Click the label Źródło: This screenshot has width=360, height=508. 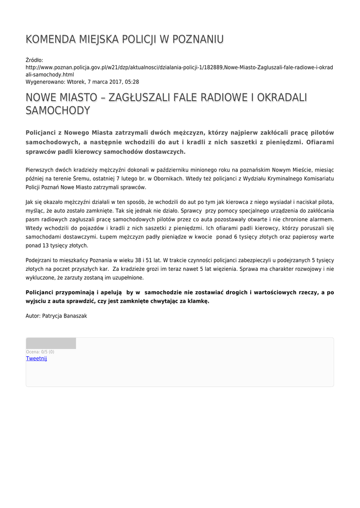click(x=34, y=60)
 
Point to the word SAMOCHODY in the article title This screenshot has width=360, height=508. click(x=58, y=111)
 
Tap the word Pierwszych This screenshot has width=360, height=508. click(x=40, y=170)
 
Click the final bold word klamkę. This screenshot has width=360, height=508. click(x=197, y=301)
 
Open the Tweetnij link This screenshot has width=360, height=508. click(x=36, y=358)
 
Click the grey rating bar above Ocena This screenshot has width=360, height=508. click(x=51, y=343)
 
